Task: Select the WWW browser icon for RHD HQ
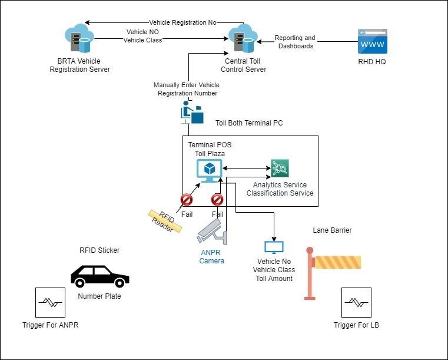[x=373, y=42]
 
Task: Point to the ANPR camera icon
[x=211, y=232]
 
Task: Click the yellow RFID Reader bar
[x=165, y=222]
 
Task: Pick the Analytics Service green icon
[x=280, y=169]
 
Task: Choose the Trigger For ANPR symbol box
[x=50, y=302]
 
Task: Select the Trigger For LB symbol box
[x=356, y=302]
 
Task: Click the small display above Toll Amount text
[x=274, y=247]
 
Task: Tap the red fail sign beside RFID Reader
[x=187, y=199]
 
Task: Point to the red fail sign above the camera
[x=217, y=199]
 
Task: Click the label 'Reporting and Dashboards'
[x=295, y=42]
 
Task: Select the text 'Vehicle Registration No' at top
[x=182, y=22]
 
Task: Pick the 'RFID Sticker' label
[x=99, y=250]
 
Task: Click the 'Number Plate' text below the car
[x=99, y=296]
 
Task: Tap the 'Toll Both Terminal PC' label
[x=249, y=123]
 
